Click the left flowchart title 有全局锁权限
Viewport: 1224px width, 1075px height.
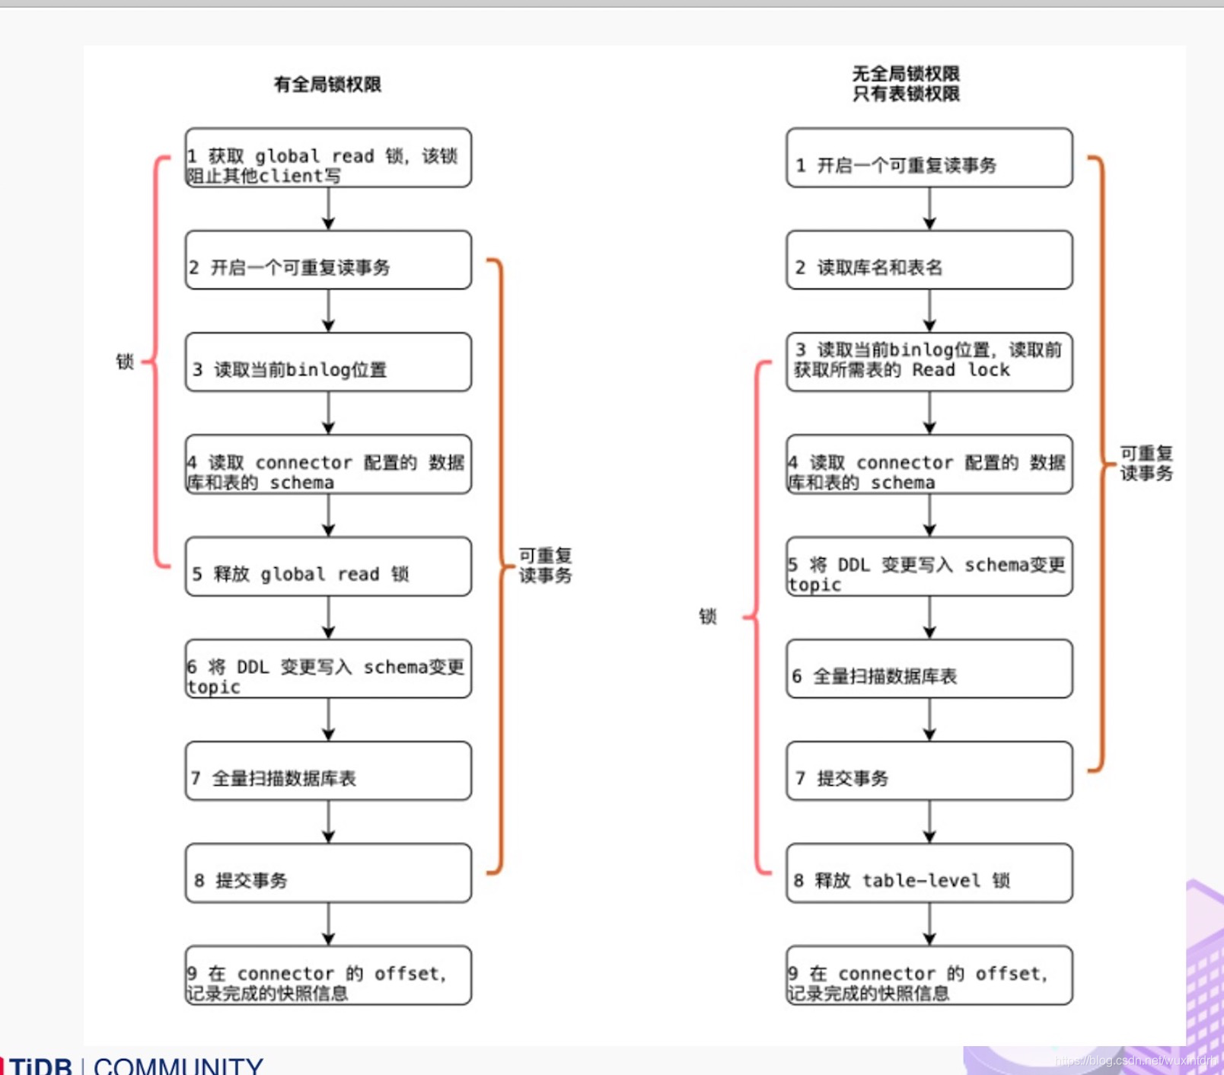click(327, 84)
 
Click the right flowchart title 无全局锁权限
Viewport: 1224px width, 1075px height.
click(906, 74)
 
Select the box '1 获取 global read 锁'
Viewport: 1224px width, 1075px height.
click(328, 158)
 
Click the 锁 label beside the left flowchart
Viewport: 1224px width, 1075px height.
click(125, 362)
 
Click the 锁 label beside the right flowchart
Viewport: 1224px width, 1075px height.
click(708, 616)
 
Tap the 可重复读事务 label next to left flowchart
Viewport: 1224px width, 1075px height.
click(545, 566)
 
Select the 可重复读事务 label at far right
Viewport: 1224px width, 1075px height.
click(1146, 463)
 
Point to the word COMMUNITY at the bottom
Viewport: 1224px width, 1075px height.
click(178, 1066)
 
